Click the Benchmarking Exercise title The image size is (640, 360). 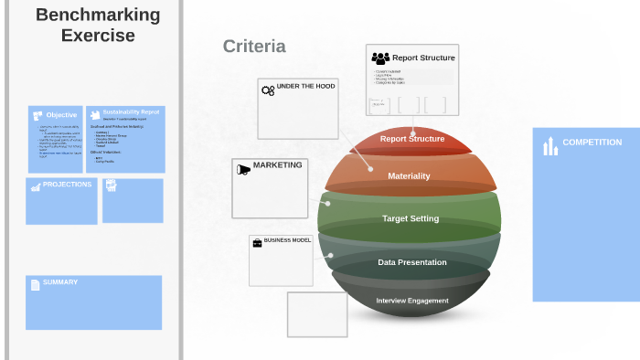pyautogui.click(x=98, y=26)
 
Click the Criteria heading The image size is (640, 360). pyautogui.click(x=254, y=47)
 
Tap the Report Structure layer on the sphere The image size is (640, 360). pyautogui.click(x=412, y=139)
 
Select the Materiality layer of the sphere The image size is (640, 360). pyautogui.click(x=409, y=175)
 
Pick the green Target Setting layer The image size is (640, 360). pyautogui.click(x=411, y=218)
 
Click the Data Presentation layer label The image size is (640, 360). pyautogui.click(x=412, y=262)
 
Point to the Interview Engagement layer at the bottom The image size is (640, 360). pyautogui.click(x=412, y=301)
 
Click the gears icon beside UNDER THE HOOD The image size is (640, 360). pyautogui.click(x=268, y=90)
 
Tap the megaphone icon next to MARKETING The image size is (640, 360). pyautogui.click(x=243, y=169)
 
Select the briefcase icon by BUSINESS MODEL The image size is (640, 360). pyautogui.click(x=257, y=241)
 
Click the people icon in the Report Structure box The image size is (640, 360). pyautogui.click(x=380, y=58)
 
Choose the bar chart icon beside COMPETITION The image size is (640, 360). pyautogui.click(x=550, y=145)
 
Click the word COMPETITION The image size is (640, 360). pyautogui.click(x=592, y=143)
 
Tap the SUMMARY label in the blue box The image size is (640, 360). pyautogui.click(x=60, y=282)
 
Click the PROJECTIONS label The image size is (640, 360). pyautogui.click(x=68, y=185)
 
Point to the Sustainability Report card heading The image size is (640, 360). pyautogui.click(x=131, y=112)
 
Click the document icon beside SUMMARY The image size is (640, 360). pyautogui.click(x=36, y=284)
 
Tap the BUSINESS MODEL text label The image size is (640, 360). pyautogui.click(x=287, y=240)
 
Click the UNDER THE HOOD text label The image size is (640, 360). pyautogui.click(x=305, y=86)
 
